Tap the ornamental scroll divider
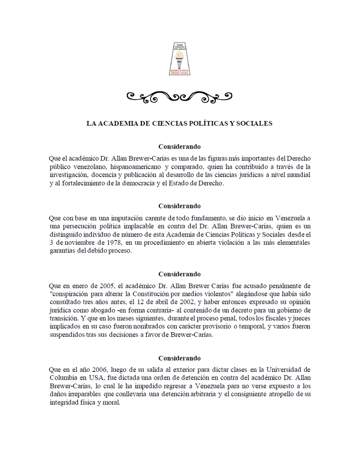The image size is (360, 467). click(x=180, y=97)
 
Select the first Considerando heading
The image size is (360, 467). click(x=180, y=147)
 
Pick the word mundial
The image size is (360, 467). click(x=298, y=175)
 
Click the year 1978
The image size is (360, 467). click(x=115, y=243)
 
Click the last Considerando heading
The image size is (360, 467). click(x=180, y=358)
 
